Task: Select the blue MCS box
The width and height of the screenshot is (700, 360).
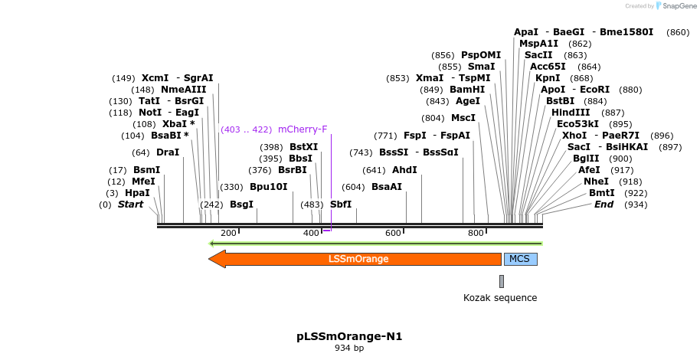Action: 519,259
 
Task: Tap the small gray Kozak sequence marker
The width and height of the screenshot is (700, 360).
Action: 502,281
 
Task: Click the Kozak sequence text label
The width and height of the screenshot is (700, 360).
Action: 500,298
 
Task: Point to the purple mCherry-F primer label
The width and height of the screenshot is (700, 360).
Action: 303,129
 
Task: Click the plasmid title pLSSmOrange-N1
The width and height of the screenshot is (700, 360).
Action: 349,336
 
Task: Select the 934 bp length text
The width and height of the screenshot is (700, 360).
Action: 349,349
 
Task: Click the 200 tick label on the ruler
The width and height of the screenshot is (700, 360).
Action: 228,233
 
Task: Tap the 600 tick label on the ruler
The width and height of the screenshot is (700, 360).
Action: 394,233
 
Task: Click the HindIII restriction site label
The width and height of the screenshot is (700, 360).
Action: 571,112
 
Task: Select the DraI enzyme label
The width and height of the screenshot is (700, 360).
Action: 168,152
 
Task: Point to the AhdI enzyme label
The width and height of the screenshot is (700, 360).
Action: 404,169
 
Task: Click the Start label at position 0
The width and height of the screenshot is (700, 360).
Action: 130,205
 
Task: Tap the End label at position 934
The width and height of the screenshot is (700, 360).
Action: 604,205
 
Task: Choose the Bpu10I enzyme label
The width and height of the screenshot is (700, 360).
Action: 269,186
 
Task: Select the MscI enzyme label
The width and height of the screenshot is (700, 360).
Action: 463,117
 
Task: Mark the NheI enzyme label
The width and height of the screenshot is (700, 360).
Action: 596,182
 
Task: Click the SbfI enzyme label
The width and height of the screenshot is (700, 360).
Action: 341,205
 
